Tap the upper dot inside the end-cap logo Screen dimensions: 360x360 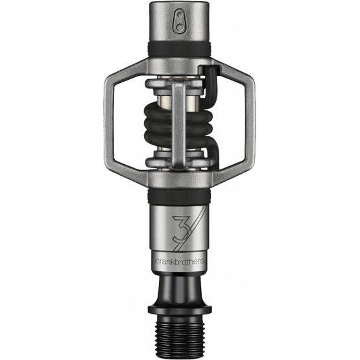click(x=179, y=16)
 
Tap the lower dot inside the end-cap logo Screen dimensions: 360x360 click(x=179, y=27)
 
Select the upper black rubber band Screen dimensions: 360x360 click(x=179, y=49)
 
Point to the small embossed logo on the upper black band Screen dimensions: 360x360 click(x=178, y=49)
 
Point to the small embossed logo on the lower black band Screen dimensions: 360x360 click(x=178, y=197)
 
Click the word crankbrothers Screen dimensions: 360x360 click(x=180, y=261)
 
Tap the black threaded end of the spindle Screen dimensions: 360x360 click(x=179, y=337)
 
